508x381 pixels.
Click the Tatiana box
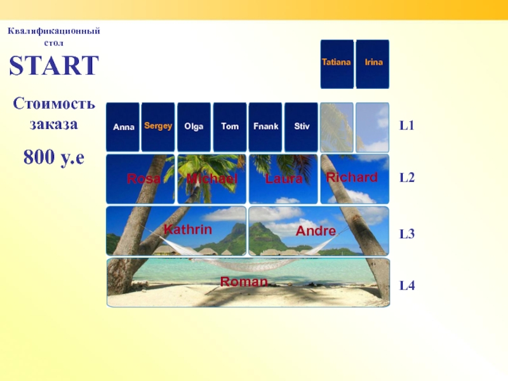337,64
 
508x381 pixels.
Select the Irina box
373,64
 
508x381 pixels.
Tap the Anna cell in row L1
123,127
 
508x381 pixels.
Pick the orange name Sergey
158,126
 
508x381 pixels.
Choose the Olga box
194,127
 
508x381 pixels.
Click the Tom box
230,127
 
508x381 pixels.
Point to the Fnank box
265,127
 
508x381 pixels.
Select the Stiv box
301,127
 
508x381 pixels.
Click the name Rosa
144,178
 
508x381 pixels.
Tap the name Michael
212,178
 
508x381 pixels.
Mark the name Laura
284,178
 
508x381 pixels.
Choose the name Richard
352,177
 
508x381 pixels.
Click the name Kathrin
188,229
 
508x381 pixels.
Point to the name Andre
316,231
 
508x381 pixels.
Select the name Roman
244,281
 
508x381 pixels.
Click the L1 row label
407,125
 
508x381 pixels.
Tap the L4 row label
407,285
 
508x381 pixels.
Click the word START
54,65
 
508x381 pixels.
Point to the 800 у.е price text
54,157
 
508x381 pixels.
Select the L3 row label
407,234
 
